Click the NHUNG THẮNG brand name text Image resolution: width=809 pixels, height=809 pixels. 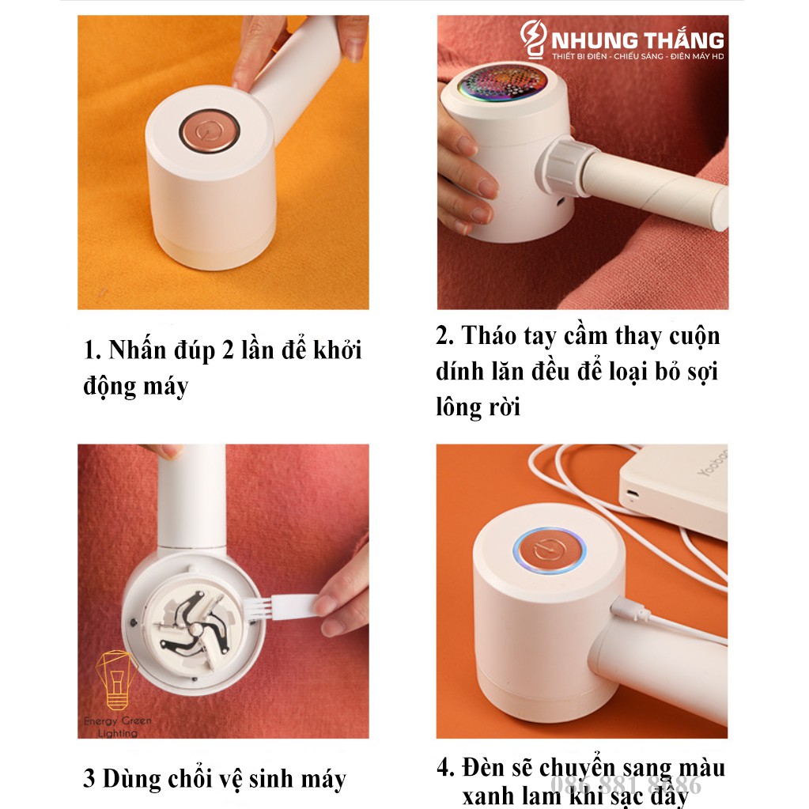pyautogui.click(x=633, y=39)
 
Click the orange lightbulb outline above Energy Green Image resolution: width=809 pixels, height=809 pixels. pyautogui.click(x=116, y=679)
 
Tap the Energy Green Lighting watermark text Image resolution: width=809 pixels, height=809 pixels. pyautogui.click(x=118, y=727)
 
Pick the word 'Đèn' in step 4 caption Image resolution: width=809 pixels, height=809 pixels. pyautogui.click(x=488, y=768)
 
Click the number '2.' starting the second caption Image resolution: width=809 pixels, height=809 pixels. pyautogui.click(x=444, y=336)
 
